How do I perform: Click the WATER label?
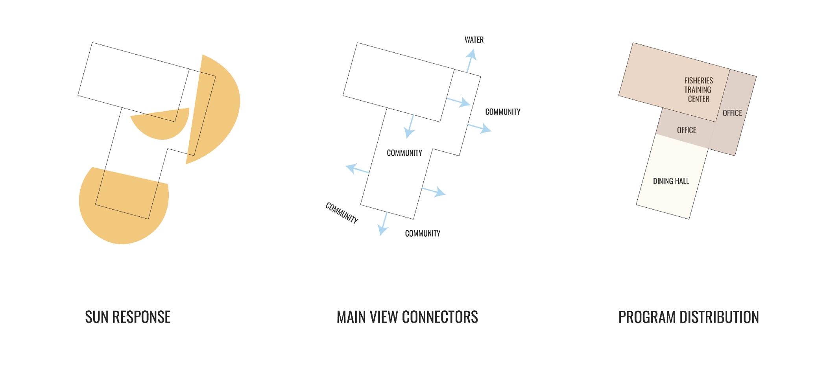point(474,40)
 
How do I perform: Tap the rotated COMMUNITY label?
point(342,213)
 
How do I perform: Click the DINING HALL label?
point(671,181)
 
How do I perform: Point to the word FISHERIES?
point(698,80)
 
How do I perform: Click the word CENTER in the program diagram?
point(698,99)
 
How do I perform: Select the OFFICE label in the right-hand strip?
point(732,113)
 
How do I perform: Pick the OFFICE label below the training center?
point(686,130)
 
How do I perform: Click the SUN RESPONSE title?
point(128,317)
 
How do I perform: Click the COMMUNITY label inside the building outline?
point(404,153)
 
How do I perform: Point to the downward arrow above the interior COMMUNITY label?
point(410,127)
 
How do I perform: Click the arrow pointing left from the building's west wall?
point(356,169)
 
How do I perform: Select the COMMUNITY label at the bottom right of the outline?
point(423,234)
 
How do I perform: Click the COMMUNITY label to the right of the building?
point(502,112)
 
